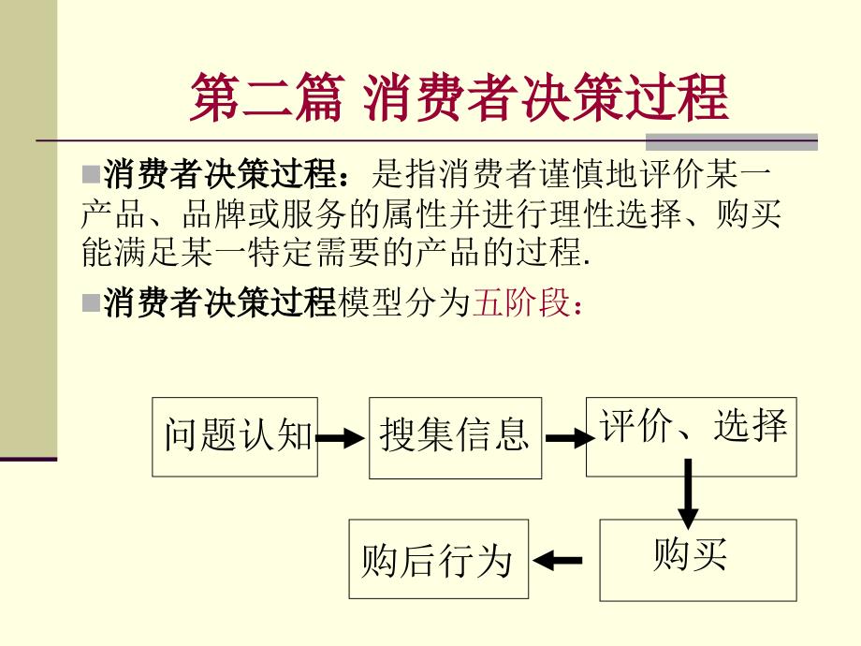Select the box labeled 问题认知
pyautogui.click(x=235, y=436)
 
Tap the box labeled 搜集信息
pyautogui.click(x=455, y=436)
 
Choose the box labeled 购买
pyautogui.click(x=697, y=559)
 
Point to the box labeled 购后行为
pyautogui.click(x=437, y=560)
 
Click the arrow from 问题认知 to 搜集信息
pyautogui.click(x=341, y=436)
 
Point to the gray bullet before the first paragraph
pyautogui.click(x=91, y=174)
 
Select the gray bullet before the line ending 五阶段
pyautogui.click(x=91, y=304)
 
